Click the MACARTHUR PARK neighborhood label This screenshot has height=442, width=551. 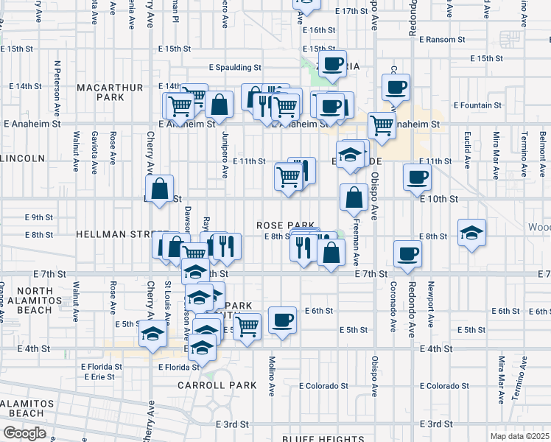[x=108, y=92]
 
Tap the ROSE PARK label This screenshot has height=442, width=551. [x=286, y=225]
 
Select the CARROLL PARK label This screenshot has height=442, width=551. [x=217, y=385]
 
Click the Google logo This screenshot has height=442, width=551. [x=24, y=432]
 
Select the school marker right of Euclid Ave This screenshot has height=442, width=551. [x=471, y=233]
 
